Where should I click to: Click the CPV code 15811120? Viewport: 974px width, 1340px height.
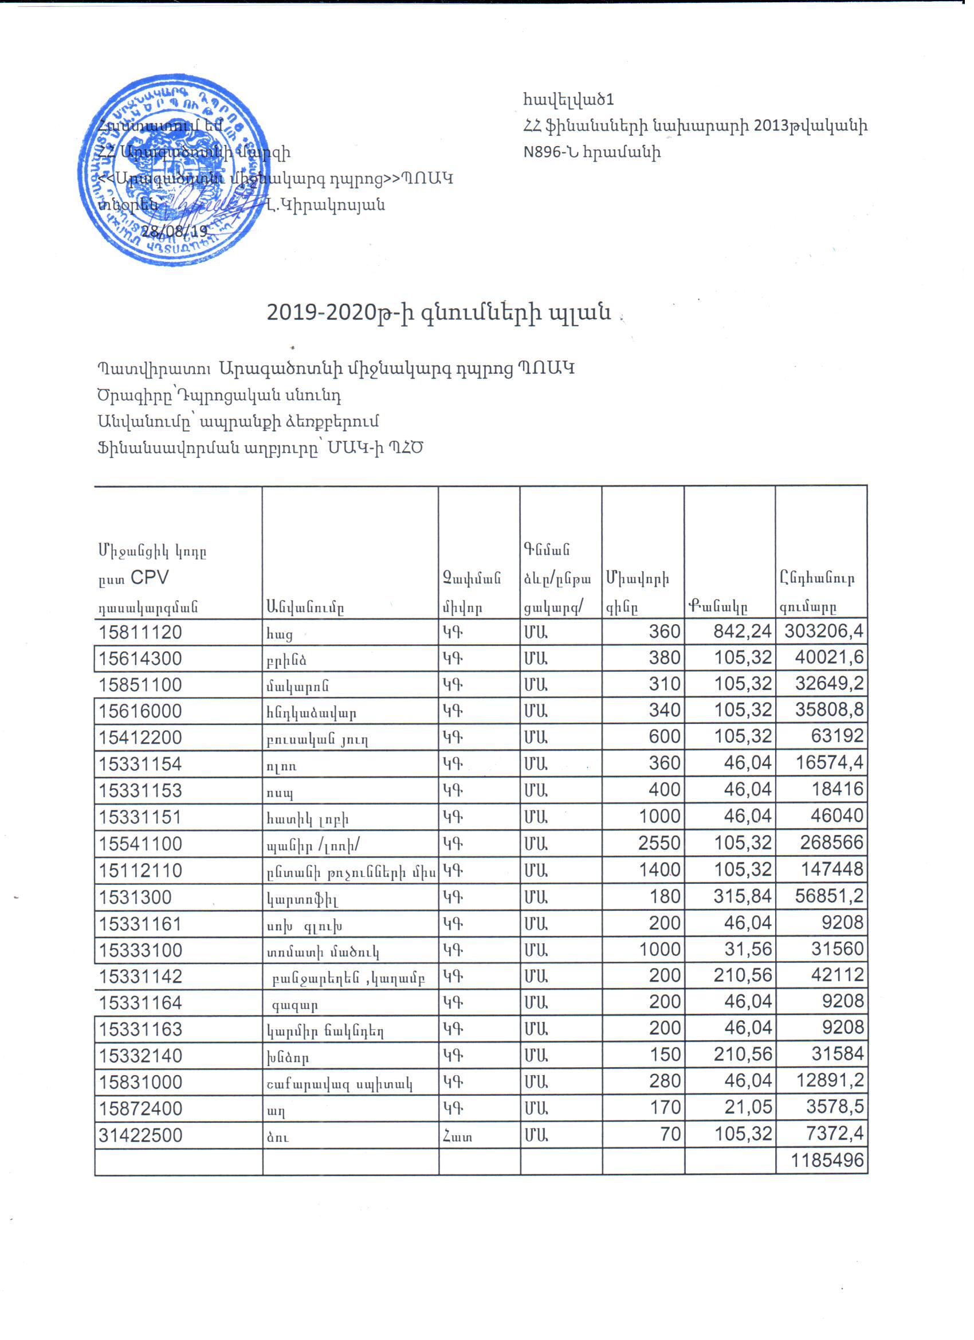tap(140, 633)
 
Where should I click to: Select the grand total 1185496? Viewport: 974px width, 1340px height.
tap(827, 1161)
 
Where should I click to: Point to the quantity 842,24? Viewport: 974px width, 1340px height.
tap(743, 632)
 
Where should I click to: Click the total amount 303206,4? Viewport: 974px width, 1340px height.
tap(823, 632)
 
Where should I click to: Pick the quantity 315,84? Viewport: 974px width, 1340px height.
tap(743, 896)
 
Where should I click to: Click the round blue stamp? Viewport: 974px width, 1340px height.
tap(172, 170)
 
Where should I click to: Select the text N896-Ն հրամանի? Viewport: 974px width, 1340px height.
tap(592, 152)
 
